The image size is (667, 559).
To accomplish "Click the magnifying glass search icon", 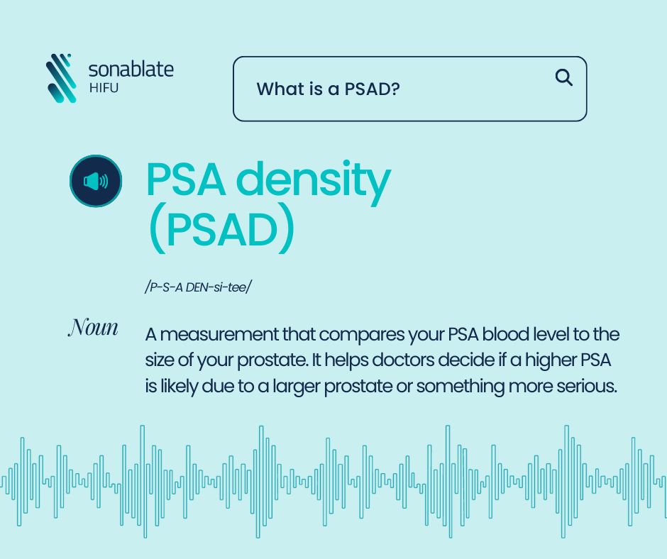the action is [564, 77].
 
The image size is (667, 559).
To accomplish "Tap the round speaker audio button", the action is [96, 181].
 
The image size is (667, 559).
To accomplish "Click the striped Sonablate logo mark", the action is [62, 78].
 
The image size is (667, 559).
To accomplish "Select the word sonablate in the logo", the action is [131, 70].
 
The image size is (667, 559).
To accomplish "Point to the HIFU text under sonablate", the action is [104, 88].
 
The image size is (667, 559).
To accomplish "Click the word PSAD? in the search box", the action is [373, 89].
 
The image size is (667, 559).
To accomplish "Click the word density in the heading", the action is [313, 181].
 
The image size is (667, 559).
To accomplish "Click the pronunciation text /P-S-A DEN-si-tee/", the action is [198, 287].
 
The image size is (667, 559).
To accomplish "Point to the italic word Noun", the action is [93, 328].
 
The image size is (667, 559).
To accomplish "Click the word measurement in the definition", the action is [219, 334].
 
